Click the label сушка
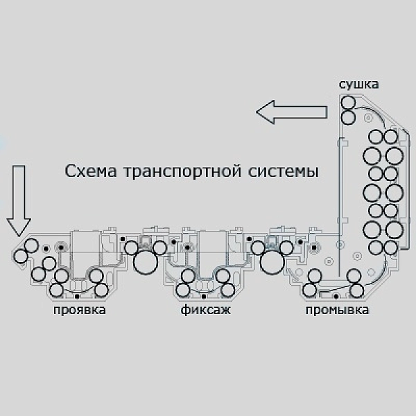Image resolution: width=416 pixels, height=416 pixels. [358, 85]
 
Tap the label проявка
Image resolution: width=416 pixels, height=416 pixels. [80, 310]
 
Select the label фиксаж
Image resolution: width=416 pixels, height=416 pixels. [206, 310]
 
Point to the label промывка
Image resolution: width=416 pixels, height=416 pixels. [337, 310]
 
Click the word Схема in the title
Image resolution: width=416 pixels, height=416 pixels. [91, 171]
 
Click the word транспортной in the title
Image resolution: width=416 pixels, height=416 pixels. [183, 172]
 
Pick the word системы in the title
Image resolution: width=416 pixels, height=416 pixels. [284, 172]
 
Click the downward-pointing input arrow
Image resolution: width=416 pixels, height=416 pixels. [19, 201]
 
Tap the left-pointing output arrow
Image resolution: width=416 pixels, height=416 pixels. [291, 112]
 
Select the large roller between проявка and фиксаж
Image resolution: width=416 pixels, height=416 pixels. [146, 262]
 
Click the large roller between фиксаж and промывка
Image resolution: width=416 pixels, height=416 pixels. [272, 262]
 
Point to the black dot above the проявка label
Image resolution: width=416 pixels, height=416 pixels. [77, 296]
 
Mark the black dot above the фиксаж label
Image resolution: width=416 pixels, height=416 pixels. [204, 296]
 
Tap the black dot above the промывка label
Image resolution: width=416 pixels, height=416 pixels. [336, 296]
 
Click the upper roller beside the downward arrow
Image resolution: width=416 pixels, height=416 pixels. [31, 245]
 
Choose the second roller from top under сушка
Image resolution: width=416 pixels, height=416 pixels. [348, 118]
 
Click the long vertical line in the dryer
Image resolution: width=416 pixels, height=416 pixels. [339, 207]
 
